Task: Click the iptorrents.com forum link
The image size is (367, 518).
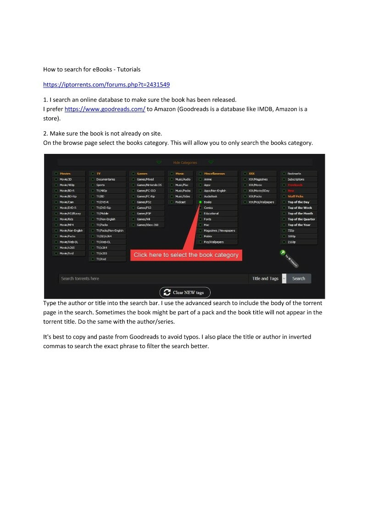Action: pos(106,85)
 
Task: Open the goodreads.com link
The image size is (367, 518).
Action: pos(105,109)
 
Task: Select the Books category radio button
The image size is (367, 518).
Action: pos(200,202)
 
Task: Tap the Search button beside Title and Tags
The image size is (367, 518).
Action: pos(299,278)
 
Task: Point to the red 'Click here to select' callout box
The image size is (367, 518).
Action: pos(186,255)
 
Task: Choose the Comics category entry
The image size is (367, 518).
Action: pos(208,208)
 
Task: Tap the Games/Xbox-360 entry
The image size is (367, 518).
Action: pos(147,225)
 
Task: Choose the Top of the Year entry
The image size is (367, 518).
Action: pos(299,225)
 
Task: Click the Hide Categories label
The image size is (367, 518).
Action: pos(185,163)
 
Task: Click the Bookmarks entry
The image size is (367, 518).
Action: pos(295,174)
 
